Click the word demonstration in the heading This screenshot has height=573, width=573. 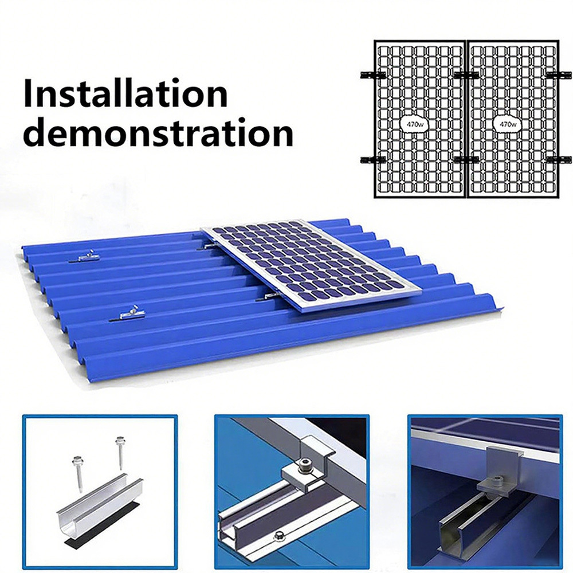coord(158,132)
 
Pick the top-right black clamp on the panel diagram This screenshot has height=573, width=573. coord(559,75)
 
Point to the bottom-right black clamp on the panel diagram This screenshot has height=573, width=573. coord(559,160)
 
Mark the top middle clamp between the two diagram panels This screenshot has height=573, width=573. coord(466,75)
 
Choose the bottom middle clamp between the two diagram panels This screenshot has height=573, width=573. coord(466,160)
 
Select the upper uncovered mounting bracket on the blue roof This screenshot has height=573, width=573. coord(85,257)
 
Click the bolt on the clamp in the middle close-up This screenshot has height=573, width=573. coord(304,465)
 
